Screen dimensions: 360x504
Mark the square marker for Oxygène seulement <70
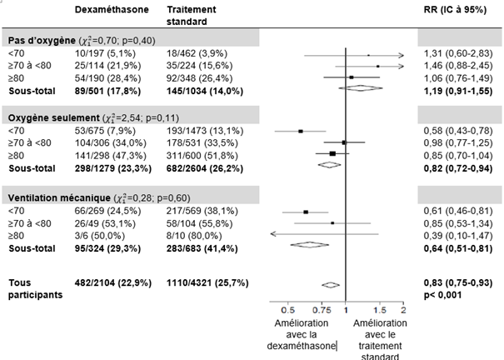(301, 131)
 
